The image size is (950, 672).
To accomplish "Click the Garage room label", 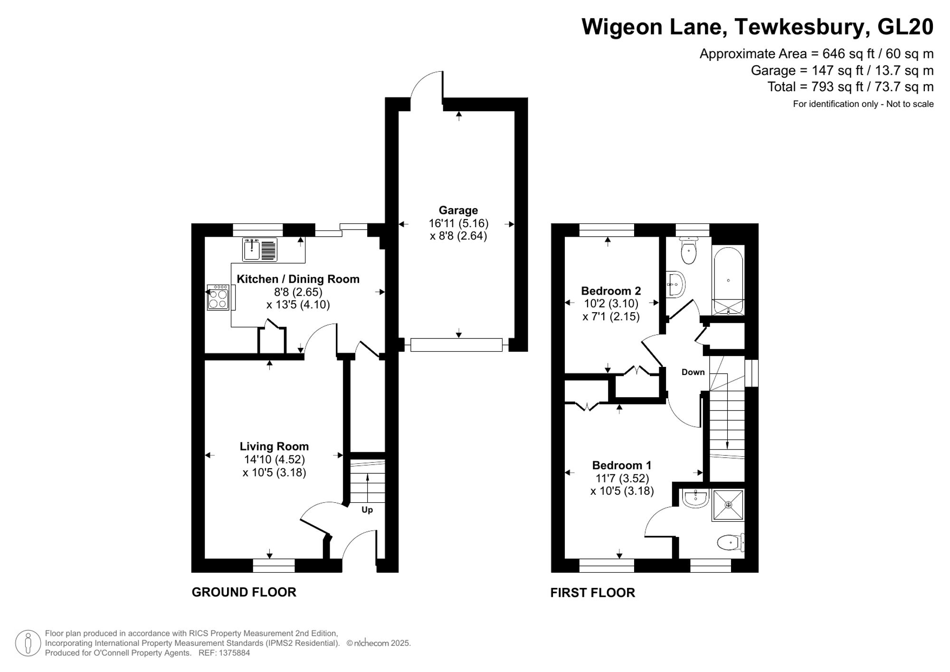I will (458, 210).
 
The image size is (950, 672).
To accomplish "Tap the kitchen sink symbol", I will (259, 250).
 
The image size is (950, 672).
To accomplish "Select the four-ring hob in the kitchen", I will (218, 298).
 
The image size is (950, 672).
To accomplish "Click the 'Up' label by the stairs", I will (367, 510).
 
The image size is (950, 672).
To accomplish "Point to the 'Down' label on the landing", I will (693, 372).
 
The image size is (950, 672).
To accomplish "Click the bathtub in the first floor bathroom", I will (729, 280).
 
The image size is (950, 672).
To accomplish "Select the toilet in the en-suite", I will (729, 542).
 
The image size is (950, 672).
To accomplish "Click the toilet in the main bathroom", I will (688, 251).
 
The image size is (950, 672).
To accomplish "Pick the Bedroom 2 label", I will (611, 291).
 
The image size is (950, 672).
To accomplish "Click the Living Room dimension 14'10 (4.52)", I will (274, 460).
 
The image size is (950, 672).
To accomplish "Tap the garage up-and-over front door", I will (456, 345).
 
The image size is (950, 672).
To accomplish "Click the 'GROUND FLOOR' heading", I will (244, 592).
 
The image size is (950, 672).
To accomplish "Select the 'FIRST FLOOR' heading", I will (592, 593).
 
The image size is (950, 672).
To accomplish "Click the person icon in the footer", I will (28, 643).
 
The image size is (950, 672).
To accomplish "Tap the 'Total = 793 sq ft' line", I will (850, 87).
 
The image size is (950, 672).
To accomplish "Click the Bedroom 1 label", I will (621, 465).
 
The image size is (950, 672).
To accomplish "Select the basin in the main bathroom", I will (675, 285).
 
